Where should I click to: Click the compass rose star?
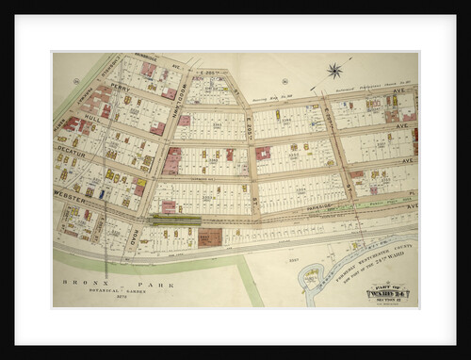point(334,71)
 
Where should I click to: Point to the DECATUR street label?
point(71,150)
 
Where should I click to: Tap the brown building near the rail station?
point(209,237)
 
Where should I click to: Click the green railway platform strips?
point(174,221)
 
